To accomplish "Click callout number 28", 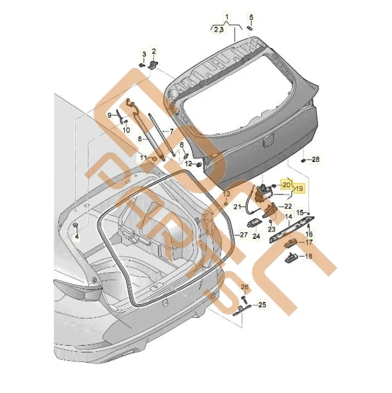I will (x=316, y=160).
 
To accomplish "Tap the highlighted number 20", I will (x=287, y=184).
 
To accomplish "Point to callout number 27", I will (x=244, y=235).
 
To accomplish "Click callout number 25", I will (x=262, y=304).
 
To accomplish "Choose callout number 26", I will (x=245, y=287).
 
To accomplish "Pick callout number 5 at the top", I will (x=251, y=17).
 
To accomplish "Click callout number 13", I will (x=226, y=194).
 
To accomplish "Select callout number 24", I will (x=256, y=236).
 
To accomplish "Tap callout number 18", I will (x=308, y=256).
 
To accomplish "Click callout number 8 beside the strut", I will (x=139, y=139).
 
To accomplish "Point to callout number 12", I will (x=189, y=163).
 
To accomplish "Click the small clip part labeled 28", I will (x=304, y=160).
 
